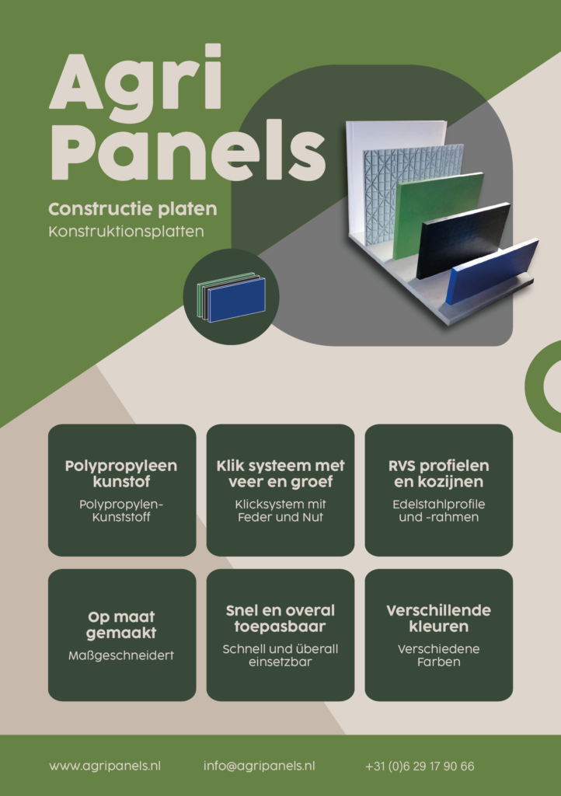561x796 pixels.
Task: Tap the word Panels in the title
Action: (188, 149)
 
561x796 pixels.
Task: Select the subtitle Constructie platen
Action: (133, 208)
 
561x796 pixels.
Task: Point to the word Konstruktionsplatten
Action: (127, 232)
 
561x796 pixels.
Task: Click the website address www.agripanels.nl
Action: (105, 766)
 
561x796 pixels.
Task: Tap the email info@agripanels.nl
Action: (260, 766)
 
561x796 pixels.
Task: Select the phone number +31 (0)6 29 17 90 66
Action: (420, 766)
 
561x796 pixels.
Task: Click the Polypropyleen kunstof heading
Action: (121, 473)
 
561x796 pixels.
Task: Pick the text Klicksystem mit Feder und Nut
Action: (280, 511)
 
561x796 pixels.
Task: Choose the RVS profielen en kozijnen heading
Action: (439, 473)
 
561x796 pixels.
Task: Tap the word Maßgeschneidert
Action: (121, 655)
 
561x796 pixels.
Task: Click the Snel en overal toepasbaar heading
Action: (280, 618)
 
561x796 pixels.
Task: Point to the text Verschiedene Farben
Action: (439, 655)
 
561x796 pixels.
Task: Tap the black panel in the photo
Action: (462, 239)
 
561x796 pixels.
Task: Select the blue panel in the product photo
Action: (492, 270)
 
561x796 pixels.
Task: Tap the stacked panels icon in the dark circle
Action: (232, 298)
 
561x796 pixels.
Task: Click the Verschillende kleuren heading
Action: (439, 618)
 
